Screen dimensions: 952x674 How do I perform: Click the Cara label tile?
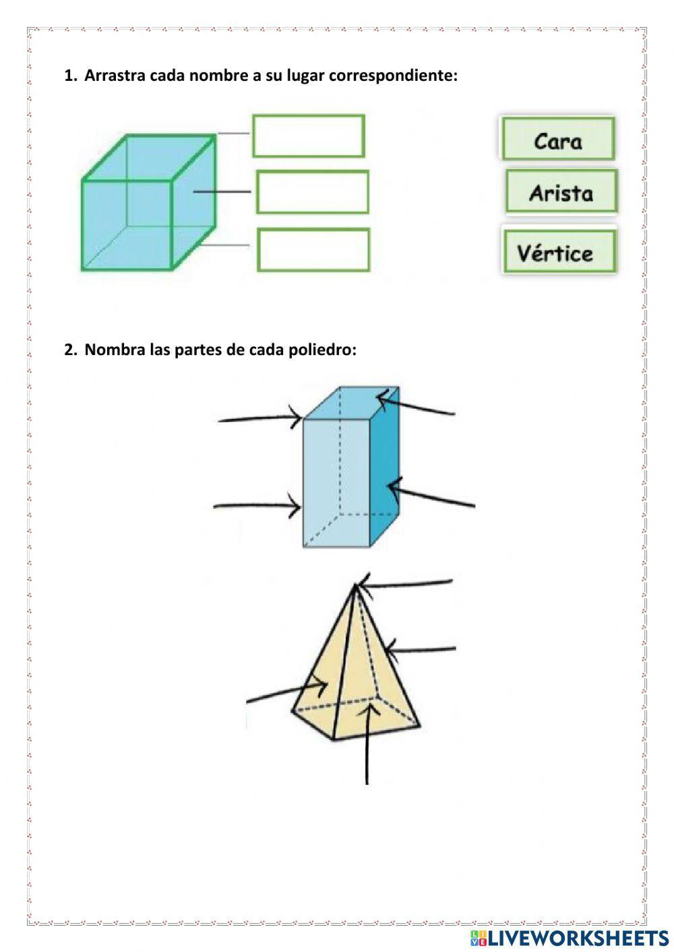pos(557,139)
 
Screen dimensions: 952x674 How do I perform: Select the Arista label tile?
pos(561,192)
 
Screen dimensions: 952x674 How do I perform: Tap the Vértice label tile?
pos(558,253)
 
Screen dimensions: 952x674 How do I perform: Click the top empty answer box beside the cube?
pos(309,136)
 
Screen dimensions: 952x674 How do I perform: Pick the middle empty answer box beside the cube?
pos(313,192)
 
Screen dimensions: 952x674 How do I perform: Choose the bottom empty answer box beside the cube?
pos(313,250)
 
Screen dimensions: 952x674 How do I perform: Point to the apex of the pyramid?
pos(355,586)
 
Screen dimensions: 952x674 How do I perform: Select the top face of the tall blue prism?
pos(350,403)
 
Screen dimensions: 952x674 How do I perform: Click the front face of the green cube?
pos(127,225)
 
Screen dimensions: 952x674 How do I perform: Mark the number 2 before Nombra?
pos(69,350)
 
